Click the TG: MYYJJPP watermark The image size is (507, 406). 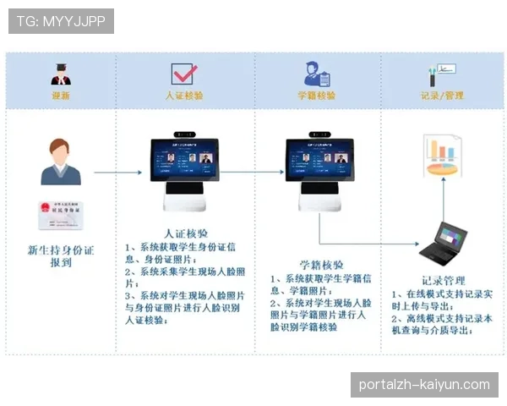pos(61,21)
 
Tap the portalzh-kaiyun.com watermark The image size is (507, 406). pos(423,385)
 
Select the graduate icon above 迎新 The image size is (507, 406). pos(61,73)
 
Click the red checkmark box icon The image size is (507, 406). pos(183,74)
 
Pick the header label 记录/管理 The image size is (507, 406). pos(442,96)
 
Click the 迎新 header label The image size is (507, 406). pos(61,96)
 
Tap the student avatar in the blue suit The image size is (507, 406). pos(61,162)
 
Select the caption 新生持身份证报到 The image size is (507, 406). pos(61,256)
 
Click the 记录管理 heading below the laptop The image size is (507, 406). pos(442,280)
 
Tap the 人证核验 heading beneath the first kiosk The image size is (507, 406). pos(185,233)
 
